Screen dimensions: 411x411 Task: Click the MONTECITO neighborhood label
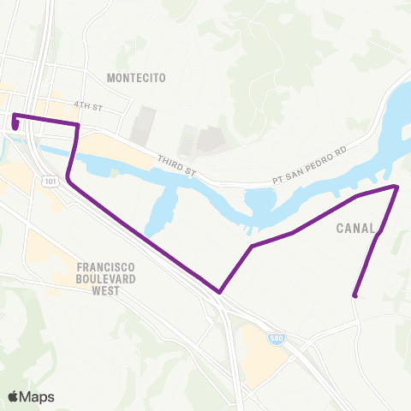[x=135, y=78]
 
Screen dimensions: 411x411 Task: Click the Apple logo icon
[x=14, y=396]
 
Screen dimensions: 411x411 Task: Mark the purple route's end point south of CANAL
[x=354, y=296]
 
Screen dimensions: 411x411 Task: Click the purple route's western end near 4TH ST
[x=15, y=125]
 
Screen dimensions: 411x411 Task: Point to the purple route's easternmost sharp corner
[x=396, y=186]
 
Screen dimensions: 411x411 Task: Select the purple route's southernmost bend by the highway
[x=220, y=292]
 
